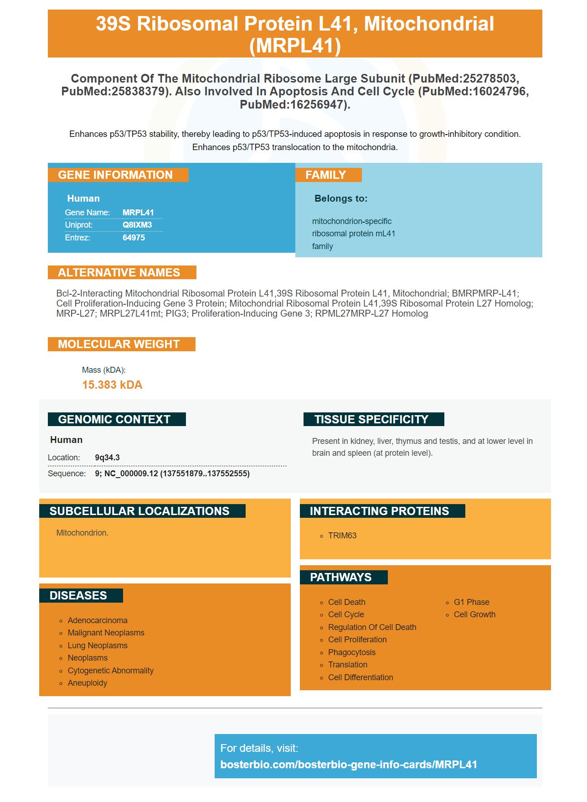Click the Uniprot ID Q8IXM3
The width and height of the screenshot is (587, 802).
137,225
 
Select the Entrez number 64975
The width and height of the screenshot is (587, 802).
134,238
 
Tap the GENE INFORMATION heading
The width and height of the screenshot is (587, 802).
115,175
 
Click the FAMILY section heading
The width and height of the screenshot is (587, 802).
325,175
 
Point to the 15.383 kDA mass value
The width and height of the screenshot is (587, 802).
112,385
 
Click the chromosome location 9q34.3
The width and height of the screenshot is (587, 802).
107,458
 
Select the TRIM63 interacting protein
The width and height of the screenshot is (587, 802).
342,536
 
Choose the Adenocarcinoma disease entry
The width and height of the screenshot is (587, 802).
98,620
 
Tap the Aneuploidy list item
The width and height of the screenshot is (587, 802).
88,683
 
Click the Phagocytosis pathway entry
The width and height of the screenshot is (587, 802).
351,652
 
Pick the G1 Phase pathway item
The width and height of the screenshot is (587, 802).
471,602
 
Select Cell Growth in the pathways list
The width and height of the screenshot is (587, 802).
474,615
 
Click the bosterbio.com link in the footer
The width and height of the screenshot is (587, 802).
349,765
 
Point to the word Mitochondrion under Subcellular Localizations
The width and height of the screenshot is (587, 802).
82,533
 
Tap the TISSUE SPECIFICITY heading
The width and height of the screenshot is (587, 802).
371,419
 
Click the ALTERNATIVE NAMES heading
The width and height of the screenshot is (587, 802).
119,273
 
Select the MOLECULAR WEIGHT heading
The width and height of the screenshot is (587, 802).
119,344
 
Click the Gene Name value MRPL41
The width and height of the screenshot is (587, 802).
138,213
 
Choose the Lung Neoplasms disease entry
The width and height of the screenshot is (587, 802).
98,646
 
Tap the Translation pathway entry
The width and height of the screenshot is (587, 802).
347,665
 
